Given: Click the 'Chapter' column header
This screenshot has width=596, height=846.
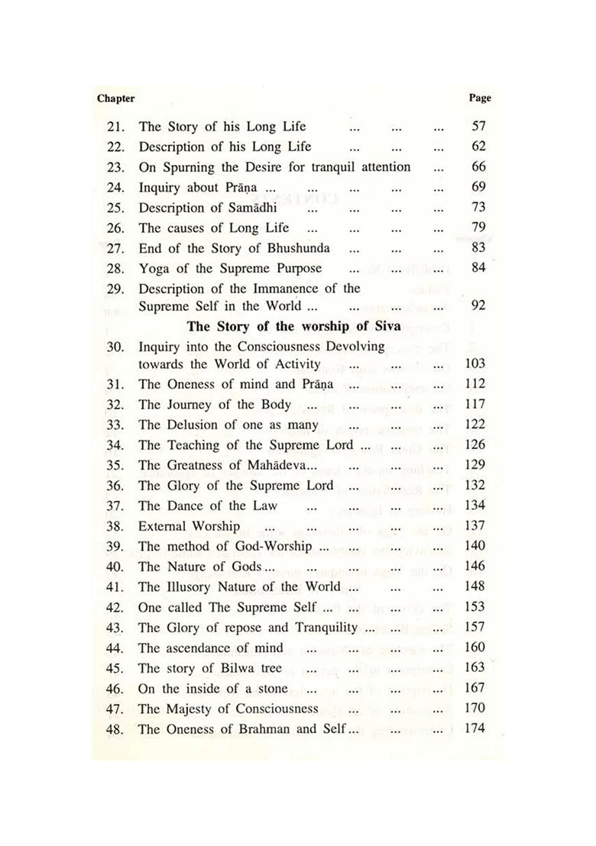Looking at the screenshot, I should click(x=116, y=98).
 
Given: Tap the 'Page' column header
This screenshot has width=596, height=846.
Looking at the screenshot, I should click(x=479, y=98).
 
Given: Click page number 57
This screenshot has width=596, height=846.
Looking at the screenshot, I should click(x=478, y=127).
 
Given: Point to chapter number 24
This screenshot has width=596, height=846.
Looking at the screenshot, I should click(x=116, y=186).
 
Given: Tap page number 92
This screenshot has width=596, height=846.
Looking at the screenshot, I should click(x=478, y=306).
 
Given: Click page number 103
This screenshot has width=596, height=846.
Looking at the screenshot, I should click(x=475, y=364).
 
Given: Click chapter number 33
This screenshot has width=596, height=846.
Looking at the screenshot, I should click(x=116, y=425).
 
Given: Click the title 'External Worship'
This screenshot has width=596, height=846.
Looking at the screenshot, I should click(x=189, y=526).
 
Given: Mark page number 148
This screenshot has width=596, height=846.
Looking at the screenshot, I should click(x=475, y=586).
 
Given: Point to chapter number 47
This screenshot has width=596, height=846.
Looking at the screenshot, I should click(x=116, y=709).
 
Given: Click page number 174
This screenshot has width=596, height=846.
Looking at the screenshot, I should click(x=475, y=728).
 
